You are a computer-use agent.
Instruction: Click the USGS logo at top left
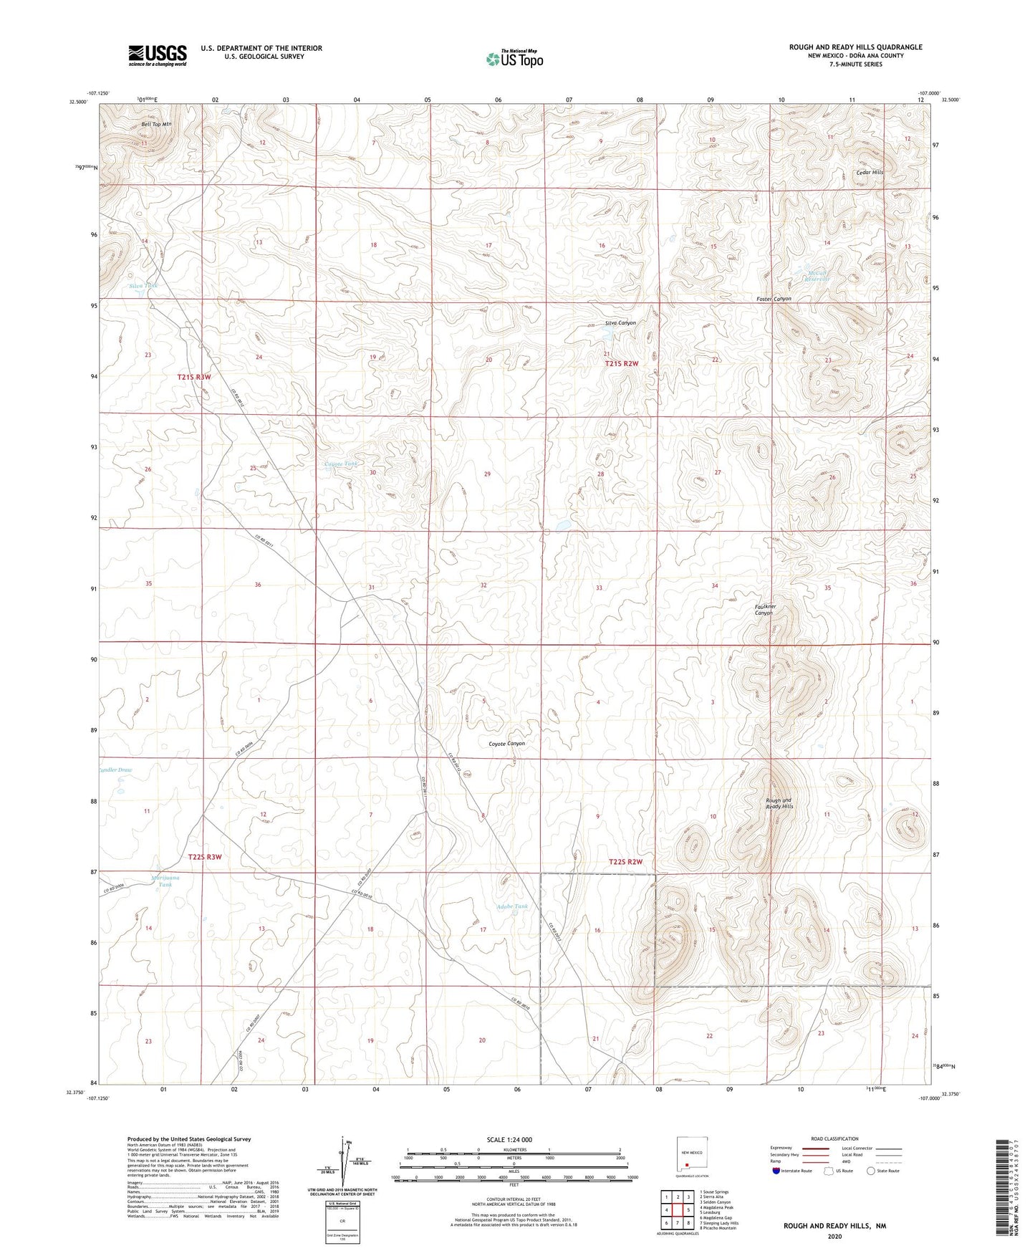click(x=158, y=55)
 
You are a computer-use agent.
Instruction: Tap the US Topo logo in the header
click(x=514, y=59)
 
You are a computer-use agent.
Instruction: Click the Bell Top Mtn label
click(x=156, y=124)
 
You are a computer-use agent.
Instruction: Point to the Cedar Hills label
click(x=870, y=172)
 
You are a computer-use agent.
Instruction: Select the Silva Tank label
click(x=143, y=286)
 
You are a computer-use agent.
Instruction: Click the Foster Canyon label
click(x=774, y=299)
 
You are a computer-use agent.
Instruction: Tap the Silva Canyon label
click(x=620, y=323)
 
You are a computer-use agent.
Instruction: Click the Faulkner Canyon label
click(x=764, y=610)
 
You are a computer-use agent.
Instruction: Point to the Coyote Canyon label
click(x=506, y=744)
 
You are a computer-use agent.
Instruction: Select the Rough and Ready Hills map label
click(x=779, y=803)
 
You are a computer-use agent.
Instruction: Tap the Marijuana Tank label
click(x=165, y=881)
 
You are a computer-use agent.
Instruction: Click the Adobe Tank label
click(x=512, y=906)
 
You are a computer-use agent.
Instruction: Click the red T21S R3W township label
click(x=194, y=377)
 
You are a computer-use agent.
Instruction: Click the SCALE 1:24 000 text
click(x=509, y=1139)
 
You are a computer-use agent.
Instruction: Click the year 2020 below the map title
click(x=834, y=1236)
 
